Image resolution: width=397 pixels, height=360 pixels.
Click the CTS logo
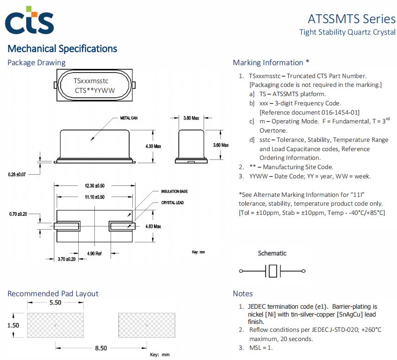pyautogui.click(x=29, y=21)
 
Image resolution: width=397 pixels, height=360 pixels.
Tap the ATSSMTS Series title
pyautogui.click(x=351, y=19)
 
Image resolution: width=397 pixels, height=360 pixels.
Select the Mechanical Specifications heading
pyautogui.click(x=62, y=49)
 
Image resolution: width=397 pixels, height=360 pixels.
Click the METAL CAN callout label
pyautogui.click(x=129, y=118)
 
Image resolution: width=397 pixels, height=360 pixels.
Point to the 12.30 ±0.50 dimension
pyautogui.click(x=95, y=186)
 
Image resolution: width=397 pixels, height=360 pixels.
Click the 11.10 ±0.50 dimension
pyautogui.click(x=95, y=197)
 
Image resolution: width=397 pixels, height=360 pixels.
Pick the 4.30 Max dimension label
pyautogui.click(x=153, y=146)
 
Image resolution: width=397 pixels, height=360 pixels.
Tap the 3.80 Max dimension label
pyautogui.click(x=191, y=118)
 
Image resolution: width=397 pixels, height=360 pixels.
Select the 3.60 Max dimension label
pyautogui.click(x=221, y=145)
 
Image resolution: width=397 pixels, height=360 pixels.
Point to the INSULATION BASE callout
pyautogui.click(x=174, y=191)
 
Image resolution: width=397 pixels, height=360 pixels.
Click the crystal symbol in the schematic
pyautogui.click(x=273, y=271)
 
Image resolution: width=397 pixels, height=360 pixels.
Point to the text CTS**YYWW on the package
pyautogui.click(x=95, y=91)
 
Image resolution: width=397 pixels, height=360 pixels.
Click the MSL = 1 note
pyautogui.click(x=261, y=348)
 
